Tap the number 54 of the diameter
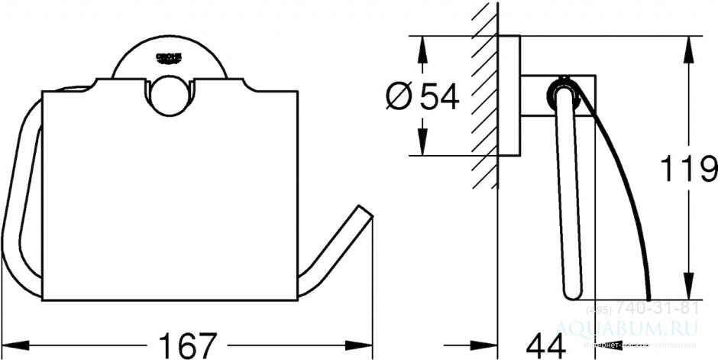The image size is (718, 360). point(439,96)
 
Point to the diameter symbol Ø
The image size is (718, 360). point(399,97)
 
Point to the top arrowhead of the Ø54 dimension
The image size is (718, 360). point(419,43)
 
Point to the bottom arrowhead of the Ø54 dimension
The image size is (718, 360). point(419,148)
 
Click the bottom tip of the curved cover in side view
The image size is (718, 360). point(649,297)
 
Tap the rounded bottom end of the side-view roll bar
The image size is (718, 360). point(571,292)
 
